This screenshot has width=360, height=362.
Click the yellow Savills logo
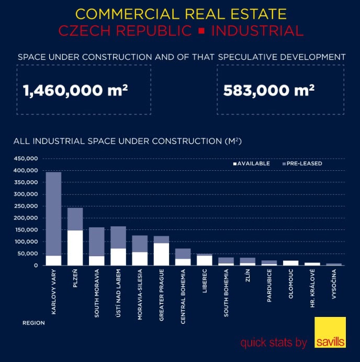pos(330,333)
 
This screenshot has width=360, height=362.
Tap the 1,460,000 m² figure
pos(76,90)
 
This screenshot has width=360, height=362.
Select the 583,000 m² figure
pos(268,90)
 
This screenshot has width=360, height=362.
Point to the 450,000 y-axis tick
pos(26,159)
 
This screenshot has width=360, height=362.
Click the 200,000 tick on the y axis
pos(26,218)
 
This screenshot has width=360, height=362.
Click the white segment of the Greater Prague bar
pos(161,254)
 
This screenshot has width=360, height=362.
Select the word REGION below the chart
pos(33,323)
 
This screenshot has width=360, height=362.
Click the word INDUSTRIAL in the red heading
pos(257,30)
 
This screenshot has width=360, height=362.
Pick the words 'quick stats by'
pos(274,343)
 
